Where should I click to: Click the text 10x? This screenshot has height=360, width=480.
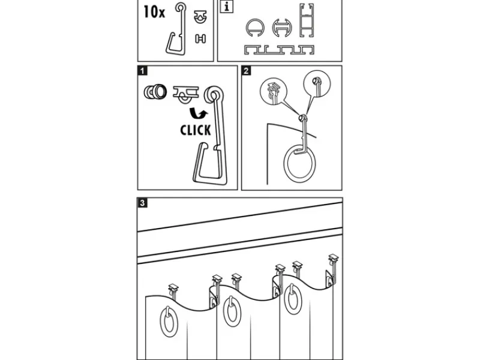pos(155,11)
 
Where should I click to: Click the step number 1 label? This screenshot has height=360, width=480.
pos(142,71)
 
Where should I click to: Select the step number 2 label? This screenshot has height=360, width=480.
pos(247,71)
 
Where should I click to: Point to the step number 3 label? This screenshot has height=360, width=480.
pos(142,203)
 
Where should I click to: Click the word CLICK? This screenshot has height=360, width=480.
pos(196,130)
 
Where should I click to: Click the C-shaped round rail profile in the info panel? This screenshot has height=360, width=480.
pos(254,28)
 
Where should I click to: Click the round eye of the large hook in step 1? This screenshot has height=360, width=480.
pos(213,95)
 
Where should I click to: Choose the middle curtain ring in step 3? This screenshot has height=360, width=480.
pos(232,311)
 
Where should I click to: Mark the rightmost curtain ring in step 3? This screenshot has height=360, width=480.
pos(293,300)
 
